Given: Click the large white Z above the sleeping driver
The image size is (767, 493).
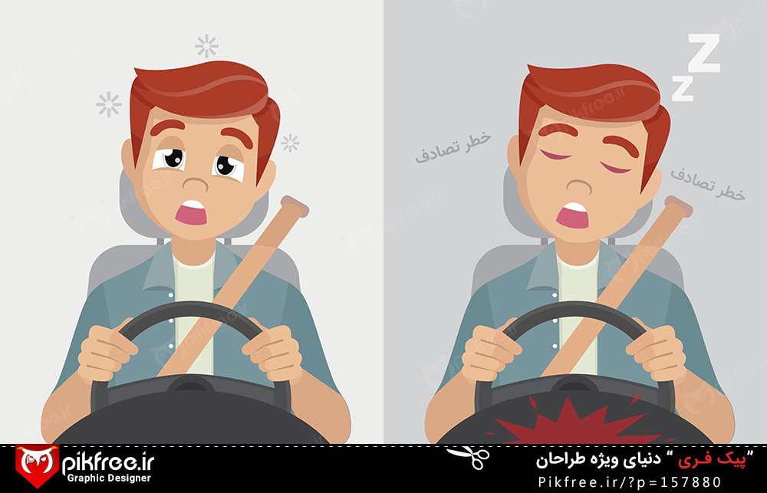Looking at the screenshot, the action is click(703, 53).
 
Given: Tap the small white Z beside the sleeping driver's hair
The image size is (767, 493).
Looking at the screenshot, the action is click(683, 88).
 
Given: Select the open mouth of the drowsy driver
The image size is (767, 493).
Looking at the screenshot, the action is click(191, 212).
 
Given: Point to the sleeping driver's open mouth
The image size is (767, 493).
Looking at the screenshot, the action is click(573, 215).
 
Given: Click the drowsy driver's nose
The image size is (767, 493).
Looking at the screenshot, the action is click(196, 184).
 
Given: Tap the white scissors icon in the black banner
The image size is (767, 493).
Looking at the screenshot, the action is click(468, 457).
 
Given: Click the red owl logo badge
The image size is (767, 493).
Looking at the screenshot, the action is click(37, 465).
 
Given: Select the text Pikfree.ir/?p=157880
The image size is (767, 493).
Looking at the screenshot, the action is click(630, 482).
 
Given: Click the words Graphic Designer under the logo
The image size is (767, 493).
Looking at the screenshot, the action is click(109, 478).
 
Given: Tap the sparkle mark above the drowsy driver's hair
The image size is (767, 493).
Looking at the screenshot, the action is click(206, 47).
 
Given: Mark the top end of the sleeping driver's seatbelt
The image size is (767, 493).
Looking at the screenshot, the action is click(679, 205).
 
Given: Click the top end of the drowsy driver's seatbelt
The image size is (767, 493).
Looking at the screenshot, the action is click(295, 205).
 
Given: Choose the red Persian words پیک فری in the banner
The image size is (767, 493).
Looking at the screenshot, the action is click(715, 459).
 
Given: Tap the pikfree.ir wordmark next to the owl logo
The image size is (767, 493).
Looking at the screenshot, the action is click(108, 462).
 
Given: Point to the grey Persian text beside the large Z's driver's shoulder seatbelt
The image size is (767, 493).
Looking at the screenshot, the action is click(707, 184).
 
